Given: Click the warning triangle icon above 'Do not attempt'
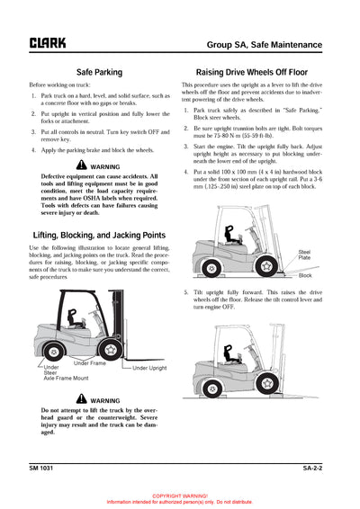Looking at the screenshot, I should pos(83,399).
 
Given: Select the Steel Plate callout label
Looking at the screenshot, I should pos(304,255).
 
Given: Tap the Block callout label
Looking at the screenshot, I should pos(305,275).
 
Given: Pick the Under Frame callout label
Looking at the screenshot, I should pos(91,362).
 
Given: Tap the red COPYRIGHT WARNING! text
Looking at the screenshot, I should pos(180,496).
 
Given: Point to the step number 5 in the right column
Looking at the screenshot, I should pos(185,292).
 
